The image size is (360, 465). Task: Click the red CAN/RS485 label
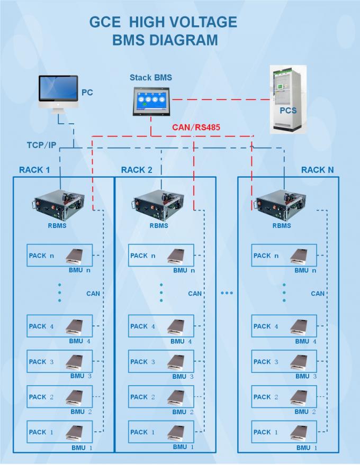(x=196, y=127)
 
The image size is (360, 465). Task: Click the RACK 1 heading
(x=34, y=170)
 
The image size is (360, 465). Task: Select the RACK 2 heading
(x=137, y=170)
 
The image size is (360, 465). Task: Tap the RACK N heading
(x=318, y=170)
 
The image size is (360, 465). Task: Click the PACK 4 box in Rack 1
(x=59, y=326)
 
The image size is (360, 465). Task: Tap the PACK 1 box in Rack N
(x=284, y=432)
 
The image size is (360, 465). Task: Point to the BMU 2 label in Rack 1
(x=82, y=412)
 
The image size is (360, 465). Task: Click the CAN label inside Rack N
(x=318, y=293)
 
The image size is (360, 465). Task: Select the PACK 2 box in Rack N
(x=284, y=397)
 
